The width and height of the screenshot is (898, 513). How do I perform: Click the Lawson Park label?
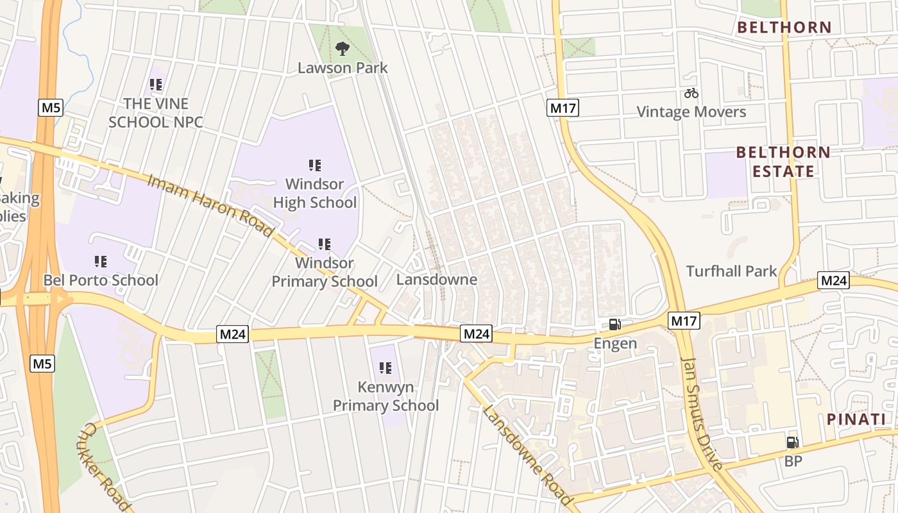[x=343, y=67]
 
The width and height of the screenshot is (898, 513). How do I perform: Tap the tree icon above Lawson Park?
[x=343, y=48]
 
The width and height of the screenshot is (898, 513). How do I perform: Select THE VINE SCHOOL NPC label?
[x=157, y=112]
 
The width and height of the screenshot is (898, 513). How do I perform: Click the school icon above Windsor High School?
[x=314, y=165]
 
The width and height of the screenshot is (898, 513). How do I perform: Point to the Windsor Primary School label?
[x=325, y=273]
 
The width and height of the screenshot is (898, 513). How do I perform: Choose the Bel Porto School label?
[x=101, y=280]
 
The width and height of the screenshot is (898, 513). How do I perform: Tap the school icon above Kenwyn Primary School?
[x=385, y=367]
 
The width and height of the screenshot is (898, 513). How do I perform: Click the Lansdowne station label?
[x=437, y=280]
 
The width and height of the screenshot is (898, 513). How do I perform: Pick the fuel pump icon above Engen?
[x=614, y=324]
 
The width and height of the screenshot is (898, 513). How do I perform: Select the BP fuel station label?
[x=793, y=461]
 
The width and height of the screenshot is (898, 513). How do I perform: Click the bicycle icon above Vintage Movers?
[x=691, y=93]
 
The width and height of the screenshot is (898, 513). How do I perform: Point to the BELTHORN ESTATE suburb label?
[x=783, y=162]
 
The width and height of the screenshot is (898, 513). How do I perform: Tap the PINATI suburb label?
[x=856, y=419]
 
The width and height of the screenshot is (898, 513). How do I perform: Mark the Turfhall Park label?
[x=731, y=271]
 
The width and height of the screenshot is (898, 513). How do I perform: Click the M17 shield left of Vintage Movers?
[x=563, y=108]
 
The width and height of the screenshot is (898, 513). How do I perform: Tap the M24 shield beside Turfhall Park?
[x=833, y=280]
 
